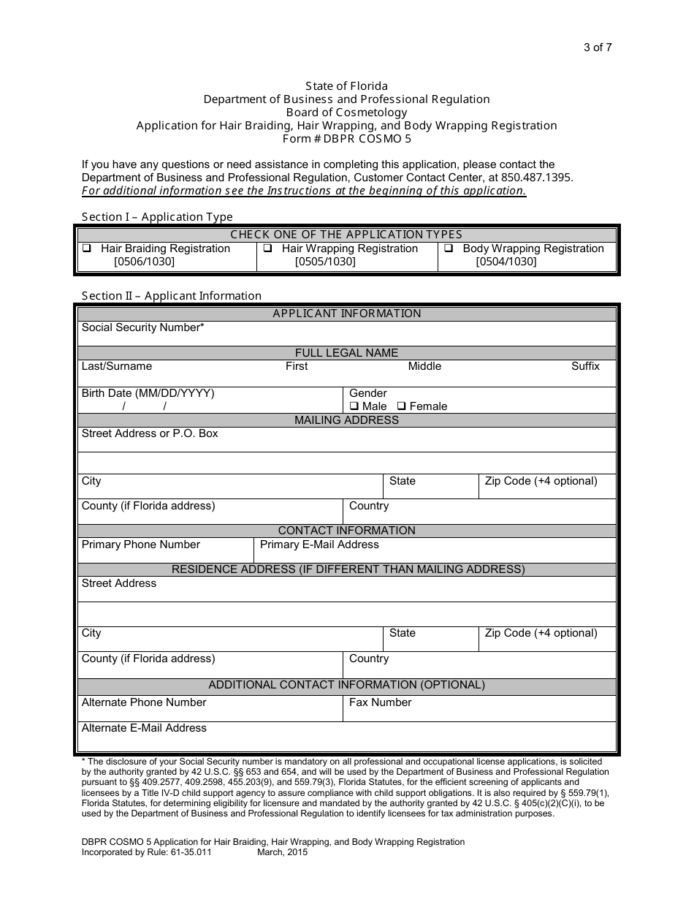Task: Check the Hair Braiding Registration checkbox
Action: pyautogui.click(x=86, y=249)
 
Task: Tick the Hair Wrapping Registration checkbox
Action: pyautogui.click(x=267, y=249)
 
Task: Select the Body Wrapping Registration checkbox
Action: pyautogui.click(x=449, y=249)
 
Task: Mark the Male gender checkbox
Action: pyautogui.click(x=354, y=406)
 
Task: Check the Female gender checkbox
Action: pyautogui.click(x=401, y=406)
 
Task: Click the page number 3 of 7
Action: pyautogui.click(x=597, y=48)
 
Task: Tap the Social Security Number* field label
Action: pyautogui.click(x=142, y=327)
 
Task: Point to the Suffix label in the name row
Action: pyautogui.click(x=584, y=366)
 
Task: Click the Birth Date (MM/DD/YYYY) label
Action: pyautogui.click(x=148, y=393)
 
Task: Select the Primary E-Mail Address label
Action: pyautogui.click(x=319, y=545)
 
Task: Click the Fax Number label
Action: pyautogui.click(x=380, y=702)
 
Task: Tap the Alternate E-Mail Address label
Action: pyautogui.click(x=144, y=728)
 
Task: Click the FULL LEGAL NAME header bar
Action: pyautogui.click(x=346, y=353)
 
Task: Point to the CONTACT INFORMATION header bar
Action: pyautogui.click(x=346, y=531)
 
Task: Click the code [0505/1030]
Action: pyautogui.click(x=325, y=262)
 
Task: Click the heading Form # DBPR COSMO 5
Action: pyautogui.click(x=346, y=139)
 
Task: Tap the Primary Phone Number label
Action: pyautogui.click(x=140, y=545)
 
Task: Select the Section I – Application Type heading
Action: pyautogui.click(x=157, y=217)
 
